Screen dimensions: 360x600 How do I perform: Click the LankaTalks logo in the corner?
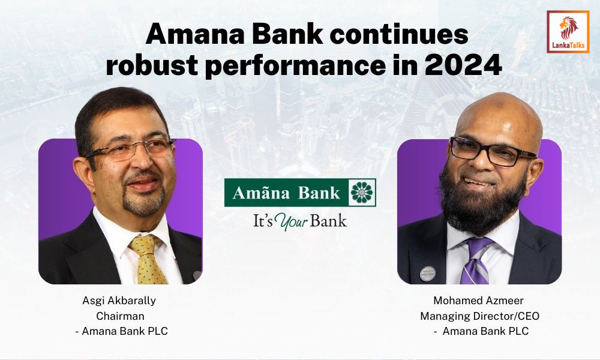point(568,31)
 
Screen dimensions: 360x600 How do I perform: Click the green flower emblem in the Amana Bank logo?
point(362,193)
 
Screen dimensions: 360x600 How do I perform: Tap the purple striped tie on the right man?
point(477,261)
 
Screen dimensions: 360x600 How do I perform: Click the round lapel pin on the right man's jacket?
point(427,273)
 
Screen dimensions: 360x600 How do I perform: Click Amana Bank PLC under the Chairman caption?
point(125,331)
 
